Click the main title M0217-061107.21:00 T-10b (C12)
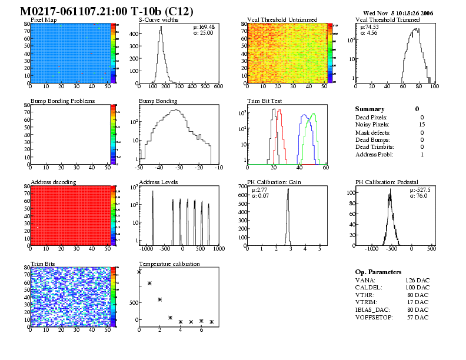coord(106,11)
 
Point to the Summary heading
coord(370,109)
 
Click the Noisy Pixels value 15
coord(421,125)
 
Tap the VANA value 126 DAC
coord(417,281)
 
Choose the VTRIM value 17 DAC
coord(418,302)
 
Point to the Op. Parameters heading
coord(378,272)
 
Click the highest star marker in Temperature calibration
coord(139,272)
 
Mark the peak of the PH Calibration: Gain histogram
coord(288,189)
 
